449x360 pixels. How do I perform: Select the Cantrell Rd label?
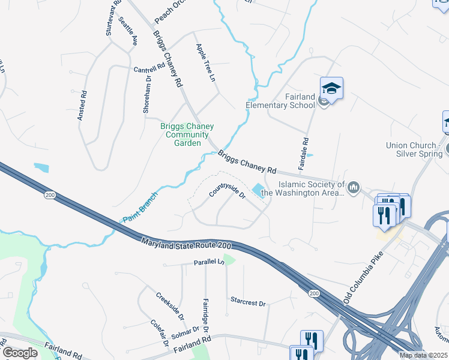(x=149, y=68)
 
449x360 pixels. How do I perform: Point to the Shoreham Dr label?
(x=146, y=97)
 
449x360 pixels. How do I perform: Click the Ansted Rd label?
(x=83, y=106)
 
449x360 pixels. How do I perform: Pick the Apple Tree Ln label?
(x=205, y=63)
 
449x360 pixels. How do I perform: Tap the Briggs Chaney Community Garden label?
(x=187, y=134)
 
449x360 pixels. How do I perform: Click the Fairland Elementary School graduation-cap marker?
(x=331, y=88)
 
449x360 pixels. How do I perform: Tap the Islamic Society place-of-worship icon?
(x=354, y=188)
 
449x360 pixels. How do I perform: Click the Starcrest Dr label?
(x=247, y=302)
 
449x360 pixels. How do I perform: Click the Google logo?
(x=20, y=353)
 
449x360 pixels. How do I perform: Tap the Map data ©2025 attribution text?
(x=423, y=355)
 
